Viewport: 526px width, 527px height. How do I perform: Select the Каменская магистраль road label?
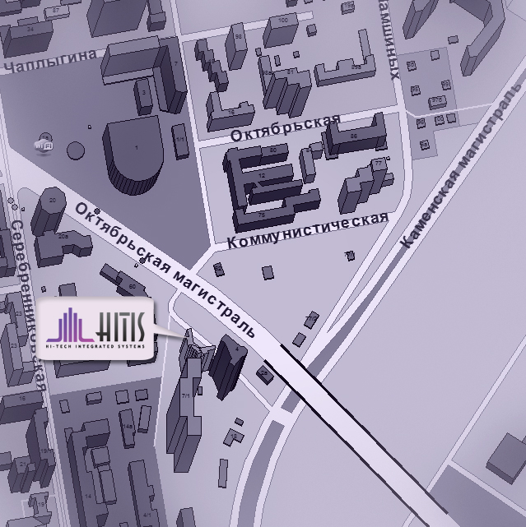(460, 177)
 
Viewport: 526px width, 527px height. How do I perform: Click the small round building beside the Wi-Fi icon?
(76, 151)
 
